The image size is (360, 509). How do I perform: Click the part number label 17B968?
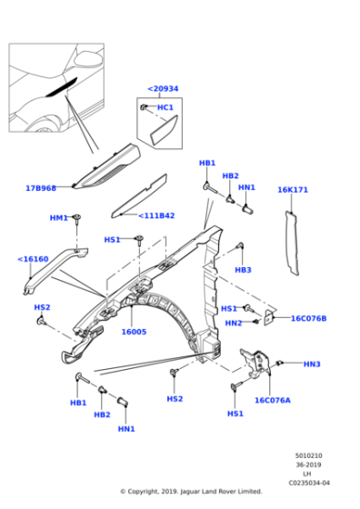41,188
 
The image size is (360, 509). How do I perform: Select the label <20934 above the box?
163,89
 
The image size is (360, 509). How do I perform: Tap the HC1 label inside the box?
165,107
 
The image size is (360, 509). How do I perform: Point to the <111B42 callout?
155,215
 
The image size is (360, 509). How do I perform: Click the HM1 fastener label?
59,218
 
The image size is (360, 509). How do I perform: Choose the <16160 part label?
33,259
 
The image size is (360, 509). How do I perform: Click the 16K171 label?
293,190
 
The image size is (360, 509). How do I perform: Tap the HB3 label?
243,270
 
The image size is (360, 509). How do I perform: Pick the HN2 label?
234,323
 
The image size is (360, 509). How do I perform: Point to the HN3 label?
312,364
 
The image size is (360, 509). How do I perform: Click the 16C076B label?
308,318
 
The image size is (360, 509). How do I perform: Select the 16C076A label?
273,399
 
